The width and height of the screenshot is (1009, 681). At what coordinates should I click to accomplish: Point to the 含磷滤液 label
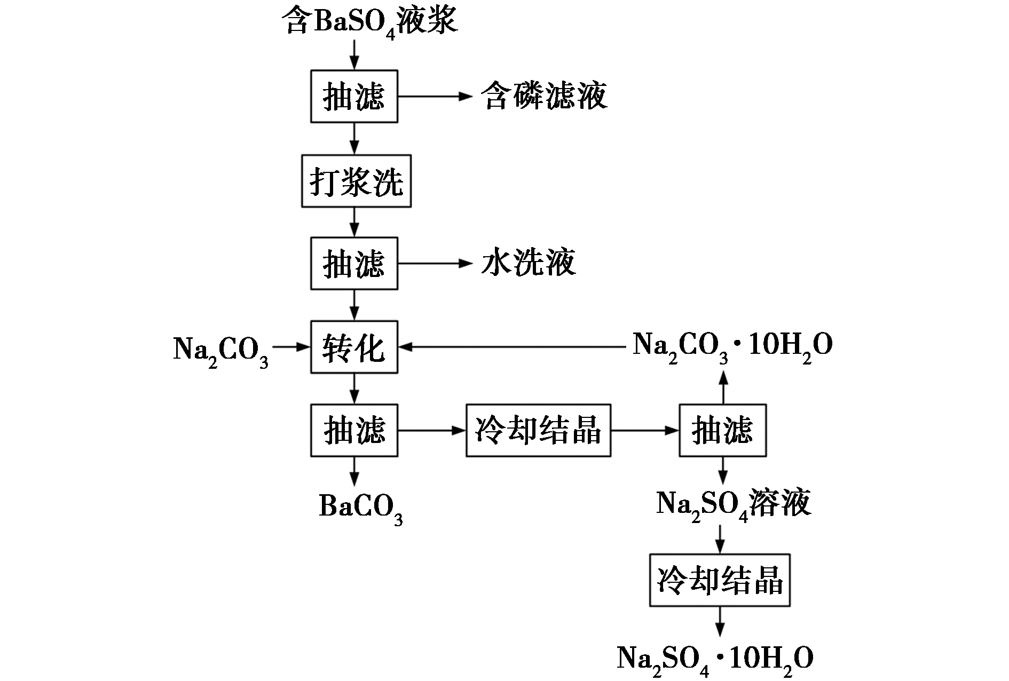pos(545,96)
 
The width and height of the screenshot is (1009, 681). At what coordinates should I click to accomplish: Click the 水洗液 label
pos(529,263)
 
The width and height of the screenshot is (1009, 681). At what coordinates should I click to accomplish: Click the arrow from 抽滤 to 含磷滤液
pos(436,96)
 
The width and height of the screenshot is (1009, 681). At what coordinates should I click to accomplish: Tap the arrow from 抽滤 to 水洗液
pos(436,263)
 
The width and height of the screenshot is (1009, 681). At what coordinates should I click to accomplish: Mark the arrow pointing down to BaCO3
pos(354,471)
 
